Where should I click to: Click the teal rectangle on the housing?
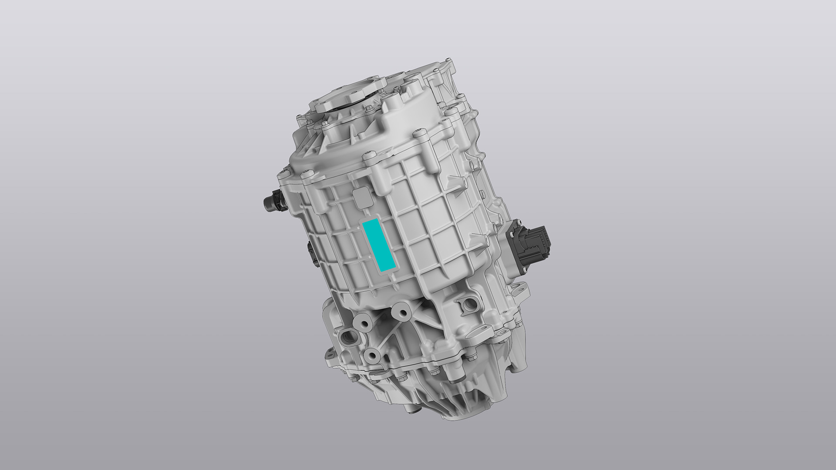click(x=379, y=246)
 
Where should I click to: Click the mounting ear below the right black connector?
click(x=521, y=288)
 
